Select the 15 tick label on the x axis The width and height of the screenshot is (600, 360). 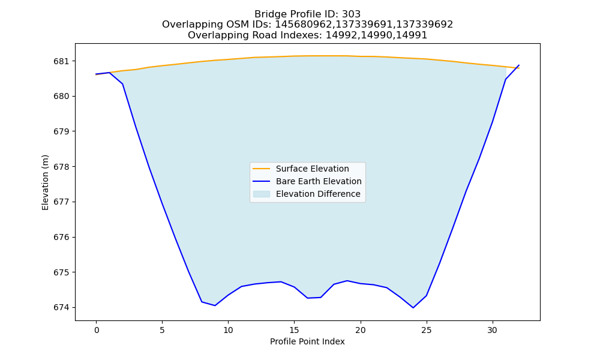tap(294, 330)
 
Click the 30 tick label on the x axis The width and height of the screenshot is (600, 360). tap(493, 330)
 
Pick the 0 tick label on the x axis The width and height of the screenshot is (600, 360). tap(96, 330)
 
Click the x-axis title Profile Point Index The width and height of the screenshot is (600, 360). tap(307, 341)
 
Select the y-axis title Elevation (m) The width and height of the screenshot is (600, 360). tap(45, 182)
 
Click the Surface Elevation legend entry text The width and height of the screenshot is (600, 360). tap(312, 169)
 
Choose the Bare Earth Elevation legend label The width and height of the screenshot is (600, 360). tap(319, 181)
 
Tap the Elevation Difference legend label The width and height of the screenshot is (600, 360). tap(318, 194)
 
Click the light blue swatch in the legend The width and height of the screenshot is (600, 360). tap(262, 194)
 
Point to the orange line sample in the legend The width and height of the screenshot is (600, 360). tap(262, 169)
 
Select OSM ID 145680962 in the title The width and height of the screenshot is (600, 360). tap(305, 25)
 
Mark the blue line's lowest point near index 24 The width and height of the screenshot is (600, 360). tap(413, 308)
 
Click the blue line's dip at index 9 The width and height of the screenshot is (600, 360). tap(215, 305)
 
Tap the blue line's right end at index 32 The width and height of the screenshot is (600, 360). tap(519, 65)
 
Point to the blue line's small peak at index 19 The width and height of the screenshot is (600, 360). tap(347, 281)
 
